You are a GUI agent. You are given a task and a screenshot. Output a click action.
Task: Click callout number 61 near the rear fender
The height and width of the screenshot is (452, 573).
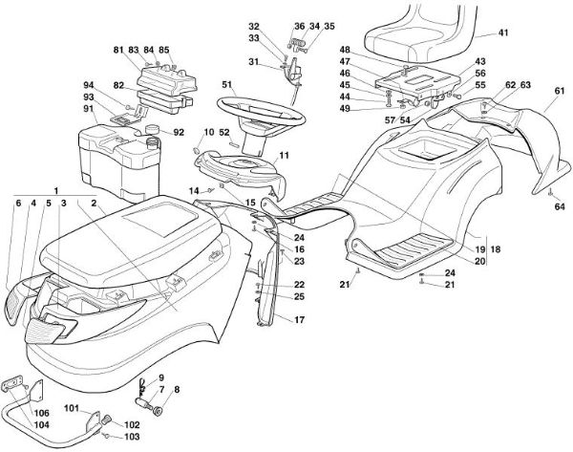[559, 92]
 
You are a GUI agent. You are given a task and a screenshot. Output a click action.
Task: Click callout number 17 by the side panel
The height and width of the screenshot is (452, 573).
[299, 319]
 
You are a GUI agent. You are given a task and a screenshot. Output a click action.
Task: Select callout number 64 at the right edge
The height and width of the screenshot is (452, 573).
[560, 205]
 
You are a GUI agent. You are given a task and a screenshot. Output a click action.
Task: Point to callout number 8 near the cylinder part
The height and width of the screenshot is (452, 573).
[175, 390]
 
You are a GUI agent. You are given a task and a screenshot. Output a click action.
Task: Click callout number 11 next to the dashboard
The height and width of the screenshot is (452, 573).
[284, 155]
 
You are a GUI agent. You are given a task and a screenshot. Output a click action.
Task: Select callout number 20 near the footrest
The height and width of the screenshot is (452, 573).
[480, 261]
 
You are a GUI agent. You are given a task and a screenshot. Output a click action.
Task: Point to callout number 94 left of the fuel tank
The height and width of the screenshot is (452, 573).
[89, 84]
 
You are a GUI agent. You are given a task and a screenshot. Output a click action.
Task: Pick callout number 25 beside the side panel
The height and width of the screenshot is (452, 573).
[299, 297]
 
